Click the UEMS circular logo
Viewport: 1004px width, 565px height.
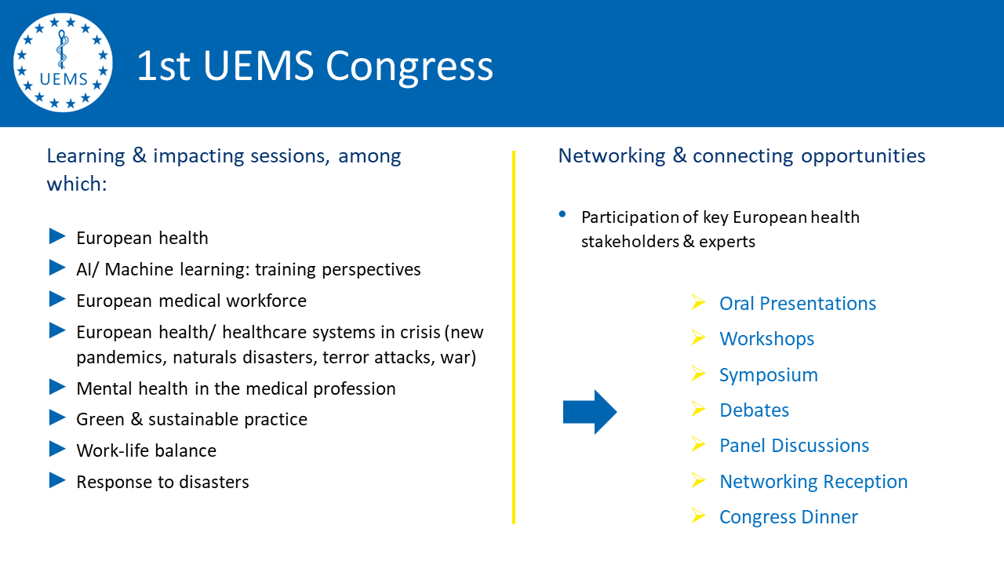(x=63, y=63)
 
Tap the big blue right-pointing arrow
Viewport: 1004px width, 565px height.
(x=590, y=412)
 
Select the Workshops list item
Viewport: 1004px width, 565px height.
(x=766, y=339)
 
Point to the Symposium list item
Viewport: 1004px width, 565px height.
(x=768, y=375)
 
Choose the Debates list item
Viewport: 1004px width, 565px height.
(x=754, y=410)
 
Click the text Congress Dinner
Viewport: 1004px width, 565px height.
(x=788, y=517)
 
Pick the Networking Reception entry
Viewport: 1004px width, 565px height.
(x=813, y=482)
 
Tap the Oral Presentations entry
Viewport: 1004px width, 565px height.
(x=798, y=304)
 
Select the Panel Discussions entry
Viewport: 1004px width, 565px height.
(x=794, y=446)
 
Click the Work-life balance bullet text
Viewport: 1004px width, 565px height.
(x=146, y=450)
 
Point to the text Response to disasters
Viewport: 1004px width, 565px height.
(x=162, y=482)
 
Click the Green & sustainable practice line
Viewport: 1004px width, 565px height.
(x=191, y=419)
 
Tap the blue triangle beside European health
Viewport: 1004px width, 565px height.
(x=57, y=236)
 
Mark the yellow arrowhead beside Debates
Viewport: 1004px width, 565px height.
(x=698, y=409)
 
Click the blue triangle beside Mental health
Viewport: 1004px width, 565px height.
(x=57, y=387)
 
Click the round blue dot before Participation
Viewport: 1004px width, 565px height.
(x=562, y=214)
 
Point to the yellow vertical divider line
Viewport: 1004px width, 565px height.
(x=514, y=337)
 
